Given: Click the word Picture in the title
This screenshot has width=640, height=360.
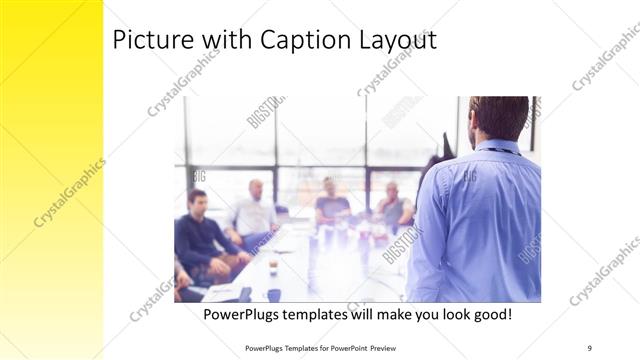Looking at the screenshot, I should coord(148,41).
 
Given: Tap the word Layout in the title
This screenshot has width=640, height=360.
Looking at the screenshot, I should coord(394,41).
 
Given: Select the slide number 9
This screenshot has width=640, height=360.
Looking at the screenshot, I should coord(589,347).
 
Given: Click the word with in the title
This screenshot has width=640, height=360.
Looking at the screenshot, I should coord(212,41).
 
